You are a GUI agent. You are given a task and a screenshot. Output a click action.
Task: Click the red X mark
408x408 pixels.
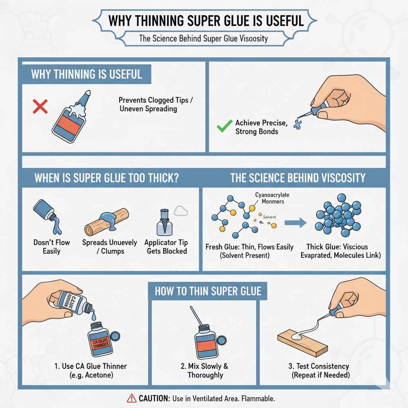click(x=40, y=106)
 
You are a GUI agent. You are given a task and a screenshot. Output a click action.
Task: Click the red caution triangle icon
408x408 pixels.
click(x=131, y=398)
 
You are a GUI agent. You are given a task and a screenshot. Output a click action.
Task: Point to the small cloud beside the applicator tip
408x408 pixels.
click(x=180, y=211)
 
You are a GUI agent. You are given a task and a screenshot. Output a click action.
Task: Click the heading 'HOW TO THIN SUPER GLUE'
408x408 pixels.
click(x=208, y=291)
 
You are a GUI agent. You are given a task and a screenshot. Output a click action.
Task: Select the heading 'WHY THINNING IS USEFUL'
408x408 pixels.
click(x=86, y=75)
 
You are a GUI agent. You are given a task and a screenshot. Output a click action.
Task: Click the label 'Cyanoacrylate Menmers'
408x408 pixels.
click(x=272, y=198)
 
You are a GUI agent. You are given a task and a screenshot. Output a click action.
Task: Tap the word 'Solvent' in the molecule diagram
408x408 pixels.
click(x=269, y=217)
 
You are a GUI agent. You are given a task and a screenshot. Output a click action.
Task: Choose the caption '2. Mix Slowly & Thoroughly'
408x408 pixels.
click(x=205, y=371)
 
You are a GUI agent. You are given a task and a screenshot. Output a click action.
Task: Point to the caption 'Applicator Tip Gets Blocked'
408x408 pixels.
click(x=166, y=247)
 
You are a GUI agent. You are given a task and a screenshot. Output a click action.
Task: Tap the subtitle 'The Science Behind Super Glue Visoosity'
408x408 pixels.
click(x=204, y=39)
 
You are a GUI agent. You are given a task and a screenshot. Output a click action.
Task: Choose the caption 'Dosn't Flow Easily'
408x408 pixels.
click(x=52, y=247)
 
